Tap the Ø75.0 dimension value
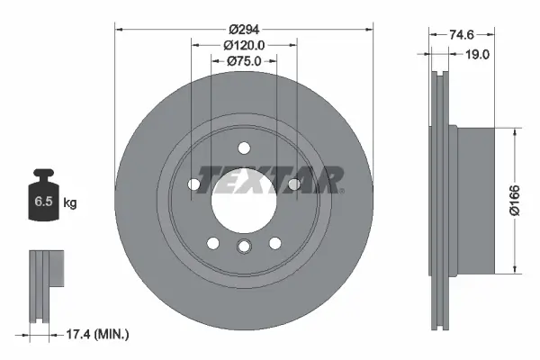[x=243, y=60]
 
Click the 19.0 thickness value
[x=476, y=54]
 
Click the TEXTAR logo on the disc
[x=270, y=180]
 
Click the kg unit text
[x=69, y=203]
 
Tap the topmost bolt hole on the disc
[x=243, y=148]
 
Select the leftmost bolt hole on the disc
[x=193, y=184]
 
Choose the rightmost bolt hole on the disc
[x=293, y=184]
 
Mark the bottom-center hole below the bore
[x=243, y=247]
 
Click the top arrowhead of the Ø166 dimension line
[x=515, y=131]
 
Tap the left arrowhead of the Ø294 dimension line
[x=119, y=28]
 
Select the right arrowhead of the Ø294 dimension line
[x=368, y=28]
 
